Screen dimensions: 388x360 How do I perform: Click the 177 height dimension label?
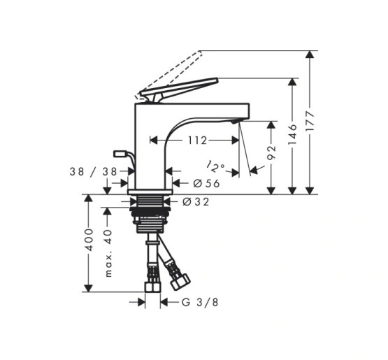310,121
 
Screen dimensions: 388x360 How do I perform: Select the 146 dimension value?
292,134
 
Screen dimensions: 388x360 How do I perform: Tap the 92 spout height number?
271,152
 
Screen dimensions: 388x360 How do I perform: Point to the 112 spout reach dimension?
197,141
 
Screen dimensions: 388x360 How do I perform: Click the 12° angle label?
215,166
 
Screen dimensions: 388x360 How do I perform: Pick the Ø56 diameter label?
206,183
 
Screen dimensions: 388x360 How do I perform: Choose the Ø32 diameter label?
196,202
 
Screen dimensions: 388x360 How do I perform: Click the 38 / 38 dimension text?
93,171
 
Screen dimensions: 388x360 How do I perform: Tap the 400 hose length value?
89,240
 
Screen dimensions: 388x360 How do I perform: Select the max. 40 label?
108,253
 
